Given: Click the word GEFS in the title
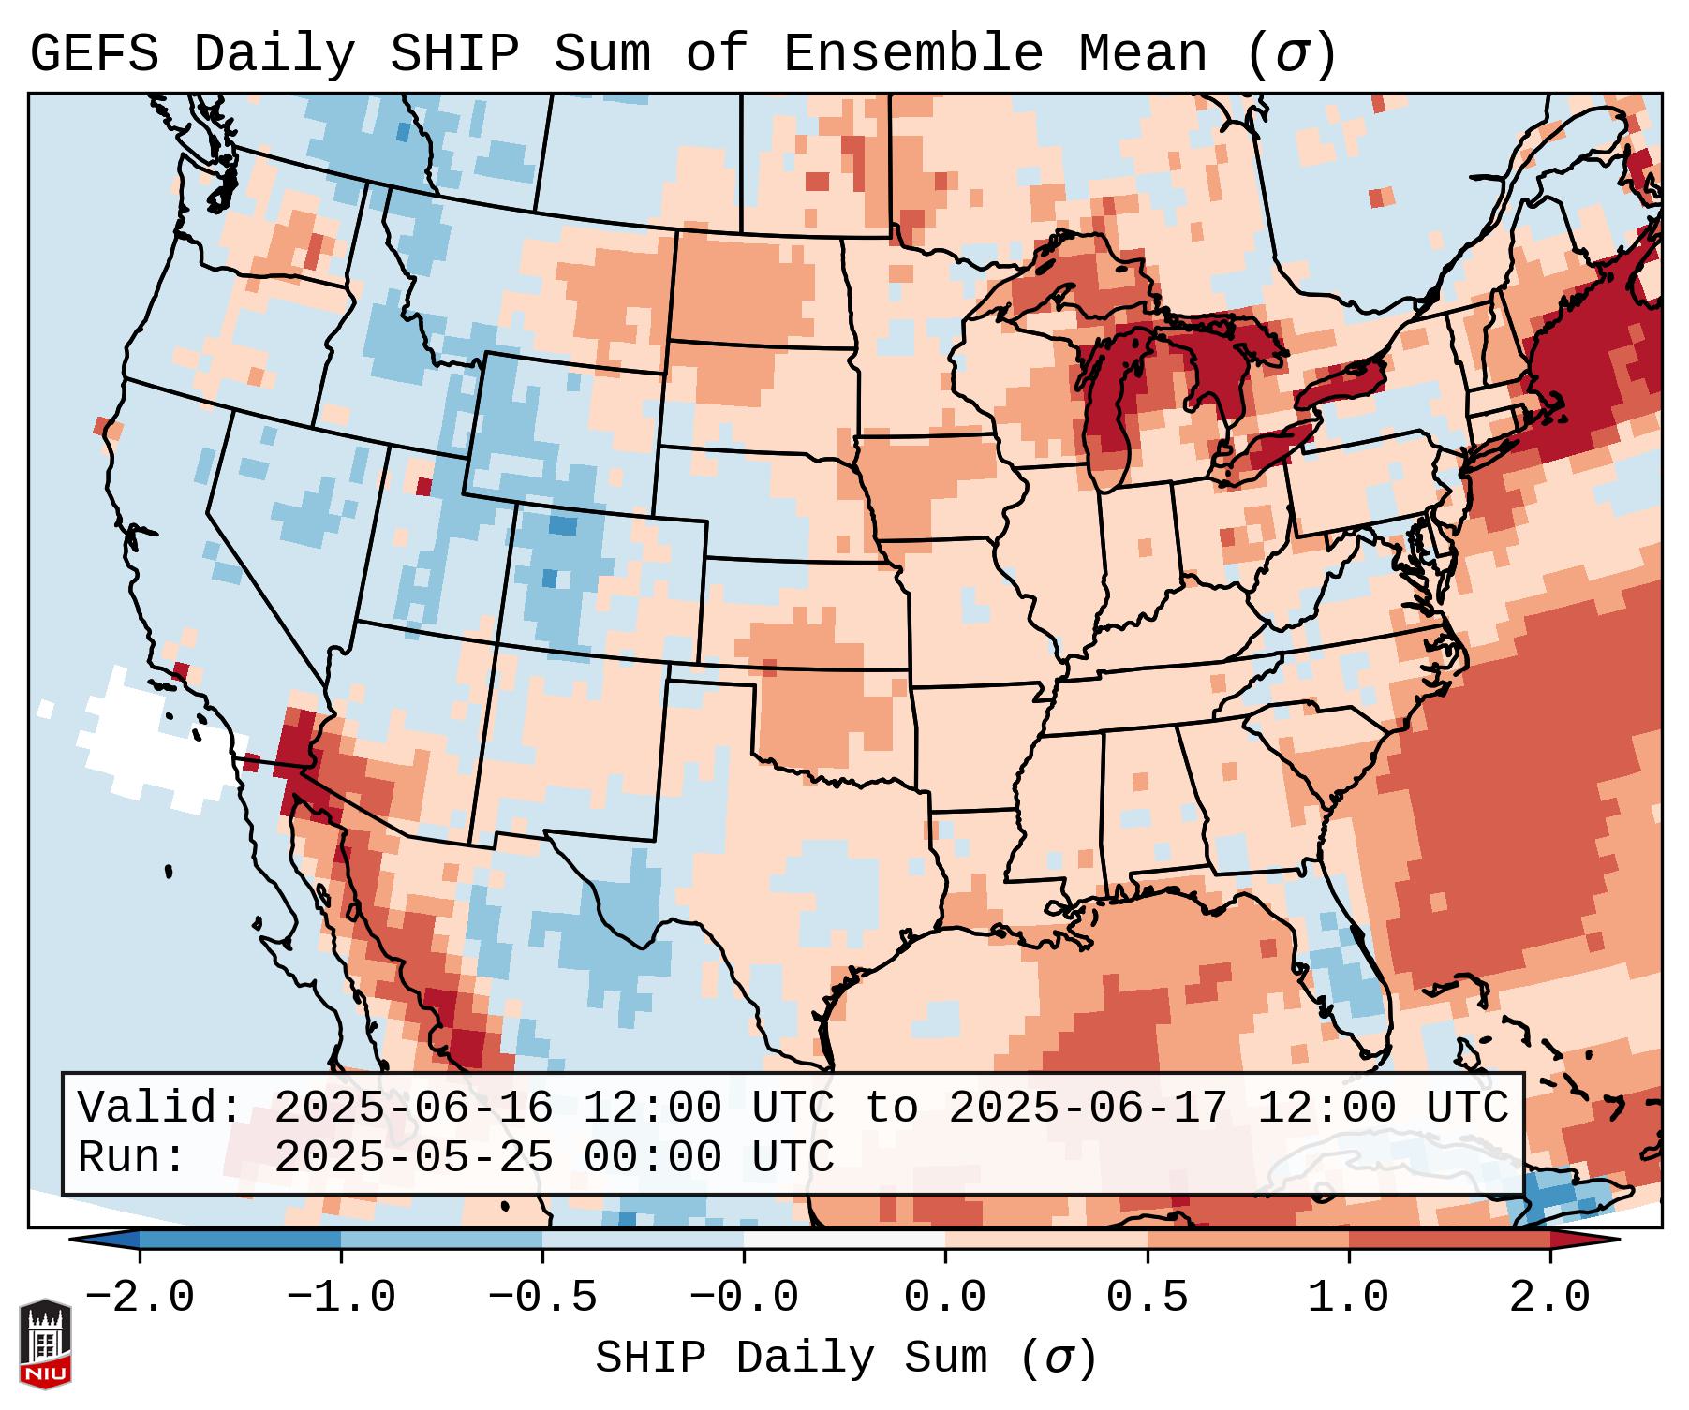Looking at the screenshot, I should [94, 54].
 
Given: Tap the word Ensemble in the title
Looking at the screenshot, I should [912, 54].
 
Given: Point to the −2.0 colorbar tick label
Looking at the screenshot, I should [140, 1298].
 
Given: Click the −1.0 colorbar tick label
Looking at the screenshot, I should [341, 1298].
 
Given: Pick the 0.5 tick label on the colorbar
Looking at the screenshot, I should [1148, 1298].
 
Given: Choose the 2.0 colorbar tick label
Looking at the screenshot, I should [1550, 1298].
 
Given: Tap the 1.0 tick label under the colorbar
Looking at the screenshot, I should [1349, 1298].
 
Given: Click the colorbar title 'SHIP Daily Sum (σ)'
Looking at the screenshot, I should [845, 1358].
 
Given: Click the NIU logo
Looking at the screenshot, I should [45, 1344].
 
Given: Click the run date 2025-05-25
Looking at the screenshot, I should [413, 1157].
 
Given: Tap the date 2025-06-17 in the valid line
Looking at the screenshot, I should [1088, 1108].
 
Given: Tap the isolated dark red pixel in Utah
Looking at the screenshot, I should [423, 487].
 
